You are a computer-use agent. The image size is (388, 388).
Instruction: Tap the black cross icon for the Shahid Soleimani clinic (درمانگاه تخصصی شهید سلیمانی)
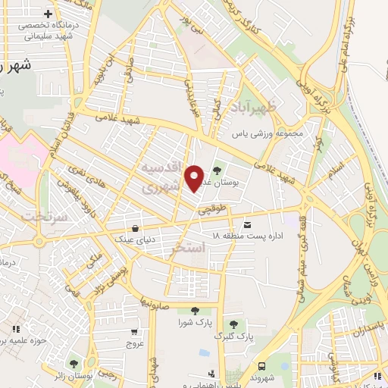click(49, 14)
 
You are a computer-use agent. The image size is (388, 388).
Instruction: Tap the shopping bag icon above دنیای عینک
click(135, 227)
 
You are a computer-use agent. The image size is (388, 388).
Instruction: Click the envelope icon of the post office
click(248, 224)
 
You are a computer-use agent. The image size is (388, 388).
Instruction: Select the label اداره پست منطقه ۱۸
click(247, 237)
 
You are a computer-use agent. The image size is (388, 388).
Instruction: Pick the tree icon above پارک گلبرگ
click(233, 324)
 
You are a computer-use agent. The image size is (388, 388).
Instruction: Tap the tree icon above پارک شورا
click(196, 311)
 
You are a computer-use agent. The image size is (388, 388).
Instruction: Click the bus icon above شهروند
click(261, 365)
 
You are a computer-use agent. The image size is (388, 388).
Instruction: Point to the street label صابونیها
click(158, 305)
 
